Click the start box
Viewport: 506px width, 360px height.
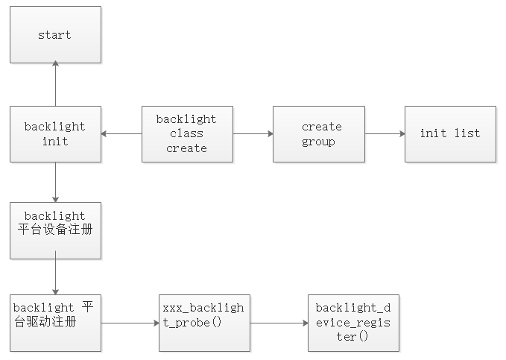tap(55, 35)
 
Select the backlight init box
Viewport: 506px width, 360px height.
tap(55, 134)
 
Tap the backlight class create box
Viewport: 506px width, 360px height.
tap(187, 134)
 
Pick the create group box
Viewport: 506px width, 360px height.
tap(318, 134)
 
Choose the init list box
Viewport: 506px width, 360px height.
tap(450, 134)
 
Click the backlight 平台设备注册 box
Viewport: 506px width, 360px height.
tap(55, 230)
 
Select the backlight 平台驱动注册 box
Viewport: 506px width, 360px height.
tap(55, 323)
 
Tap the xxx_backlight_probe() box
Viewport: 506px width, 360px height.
tap(204, 323)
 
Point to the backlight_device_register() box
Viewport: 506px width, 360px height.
tap(353, 323)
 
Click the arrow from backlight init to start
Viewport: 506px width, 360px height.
tap(55, 84)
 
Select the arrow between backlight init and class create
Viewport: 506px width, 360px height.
tap(121, 134)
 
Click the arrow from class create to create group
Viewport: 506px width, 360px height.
tap(253, 134)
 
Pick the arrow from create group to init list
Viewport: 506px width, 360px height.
tap(385, 134)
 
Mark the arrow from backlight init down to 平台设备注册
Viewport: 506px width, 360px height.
tap(55, 182)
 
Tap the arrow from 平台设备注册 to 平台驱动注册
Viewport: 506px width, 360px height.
tap(55, 277)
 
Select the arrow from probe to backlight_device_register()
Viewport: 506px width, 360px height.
tap(279, 323)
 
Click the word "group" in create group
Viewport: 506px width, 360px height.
tap(318, 142)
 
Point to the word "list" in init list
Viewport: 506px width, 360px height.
tap(467, 134)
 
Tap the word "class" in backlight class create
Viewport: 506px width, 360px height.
tap(186, 134)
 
